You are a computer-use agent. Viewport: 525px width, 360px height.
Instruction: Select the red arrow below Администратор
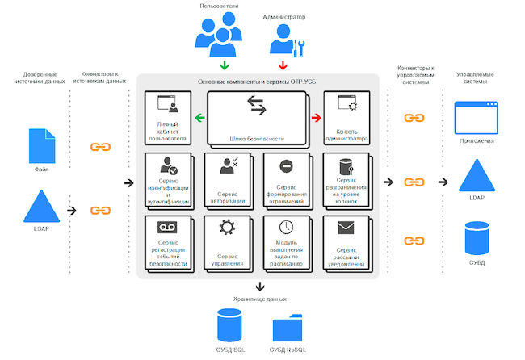click(x=283, y=65)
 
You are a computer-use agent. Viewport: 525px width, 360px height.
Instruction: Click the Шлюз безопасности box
click(x=256, y=117)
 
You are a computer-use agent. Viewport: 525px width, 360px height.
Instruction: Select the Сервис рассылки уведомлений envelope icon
click(x=346, y=228)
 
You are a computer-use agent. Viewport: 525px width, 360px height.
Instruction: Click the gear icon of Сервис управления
click(x=227, y=228)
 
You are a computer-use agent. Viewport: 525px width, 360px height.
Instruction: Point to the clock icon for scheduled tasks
click(x=285, y=228)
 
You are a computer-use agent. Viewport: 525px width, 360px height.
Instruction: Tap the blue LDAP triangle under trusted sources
click(x=40, y=207)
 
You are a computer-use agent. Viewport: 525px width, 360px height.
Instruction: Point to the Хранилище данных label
click(x=259, y=299)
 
